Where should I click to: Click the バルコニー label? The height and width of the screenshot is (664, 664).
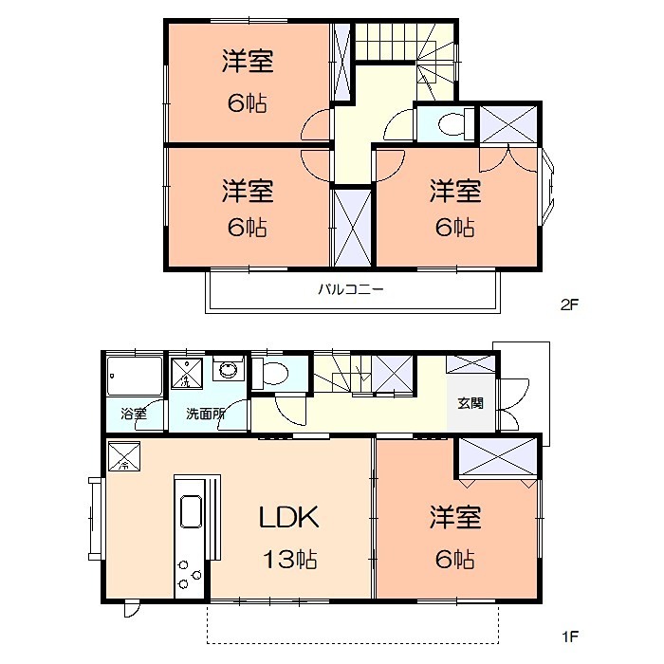[351, 289]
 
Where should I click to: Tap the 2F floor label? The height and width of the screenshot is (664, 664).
[568, 304]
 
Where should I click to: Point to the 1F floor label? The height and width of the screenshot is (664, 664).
[568, 635]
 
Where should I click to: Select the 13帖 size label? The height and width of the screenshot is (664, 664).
[289, 559]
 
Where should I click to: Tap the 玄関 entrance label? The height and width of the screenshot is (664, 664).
[470, 403]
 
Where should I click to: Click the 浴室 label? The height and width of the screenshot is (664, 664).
[134, 414]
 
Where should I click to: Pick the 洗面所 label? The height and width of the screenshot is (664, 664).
[204, 414]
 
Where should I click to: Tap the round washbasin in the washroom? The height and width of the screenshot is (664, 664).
[229, 370]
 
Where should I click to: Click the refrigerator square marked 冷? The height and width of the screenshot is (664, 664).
[123, 458]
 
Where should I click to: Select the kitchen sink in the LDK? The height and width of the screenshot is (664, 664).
[189, 512]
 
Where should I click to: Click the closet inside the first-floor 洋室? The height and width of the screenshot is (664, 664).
[497, 458]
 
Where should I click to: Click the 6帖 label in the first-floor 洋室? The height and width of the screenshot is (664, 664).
[455, 559]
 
